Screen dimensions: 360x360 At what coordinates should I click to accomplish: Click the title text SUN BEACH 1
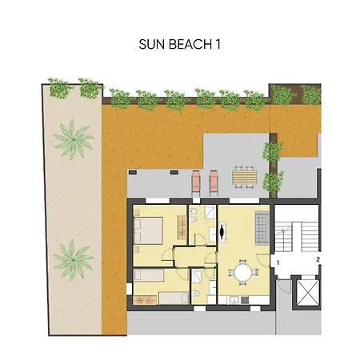(179, 46)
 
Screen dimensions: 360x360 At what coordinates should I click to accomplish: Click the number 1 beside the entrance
(278, 262)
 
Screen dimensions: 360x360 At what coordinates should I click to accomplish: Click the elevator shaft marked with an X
(307, 293)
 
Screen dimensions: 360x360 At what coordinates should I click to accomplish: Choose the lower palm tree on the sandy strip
(73, 258)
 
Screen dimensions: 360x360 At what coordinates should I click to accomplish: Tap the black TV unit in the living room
(222, 232)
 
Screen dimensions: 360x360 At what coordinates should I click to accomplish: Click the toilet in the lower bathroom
(196, 294)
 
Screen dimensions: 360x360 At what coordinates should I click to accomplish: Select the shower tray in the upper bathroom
(207, 214)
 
